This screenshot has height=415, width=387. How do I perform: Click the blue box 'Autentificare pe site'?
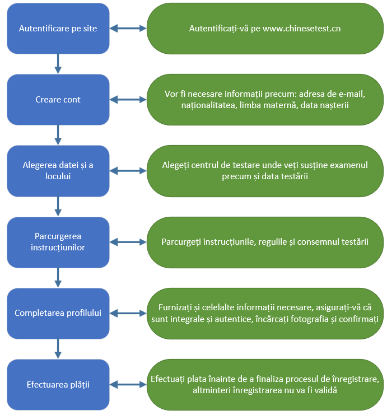58,29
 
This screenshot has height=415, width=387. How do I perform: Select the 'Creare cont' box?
58,100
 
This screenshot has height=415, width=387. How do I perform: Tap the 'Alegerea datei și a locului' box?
58,171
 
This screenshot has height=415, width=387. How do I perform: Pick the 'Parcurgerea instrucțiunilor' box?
58,242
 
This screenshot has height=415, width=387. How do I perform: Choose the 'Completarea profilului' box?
58,313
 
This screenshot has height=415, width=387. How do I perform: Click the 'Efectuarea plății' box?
58,385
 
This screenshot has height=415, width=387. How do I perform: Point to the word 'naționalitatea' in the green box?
207,105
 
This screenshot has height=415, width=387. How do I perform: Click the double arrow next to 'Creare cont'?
128,100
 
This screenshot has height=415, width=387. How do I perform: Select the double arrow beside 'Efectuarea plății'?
128,385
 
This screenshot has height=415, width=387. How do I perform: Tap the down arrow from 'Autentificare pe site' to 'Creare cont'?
58,64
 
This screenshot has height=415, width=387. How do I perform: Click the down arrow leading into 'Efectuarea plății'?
58,349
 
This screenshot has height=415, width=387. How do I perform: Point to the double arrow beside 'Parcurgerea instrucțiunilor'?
128,242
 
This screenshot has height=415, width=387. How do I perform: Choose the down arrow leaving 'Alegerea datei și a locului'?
58,206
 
